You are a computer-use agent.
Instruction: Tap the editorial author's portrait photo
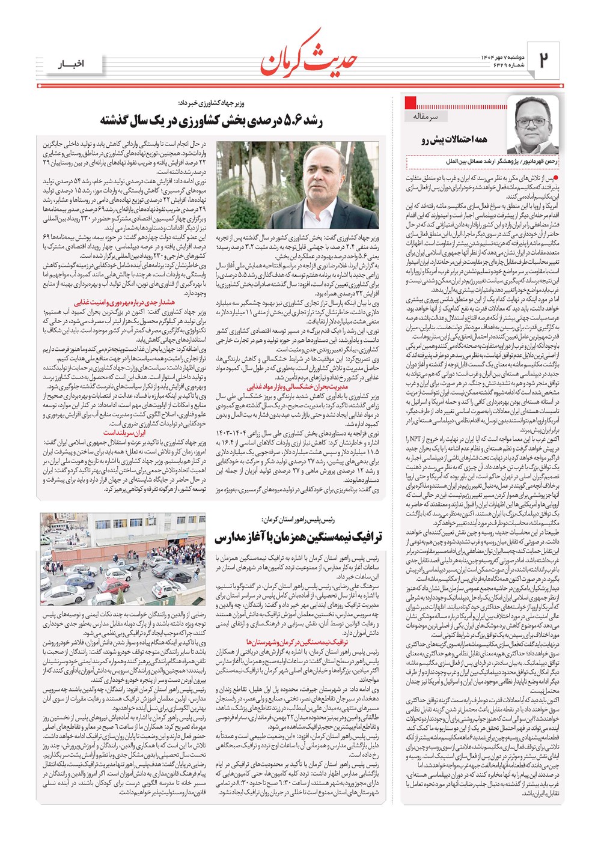click(x=532, y=126)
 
